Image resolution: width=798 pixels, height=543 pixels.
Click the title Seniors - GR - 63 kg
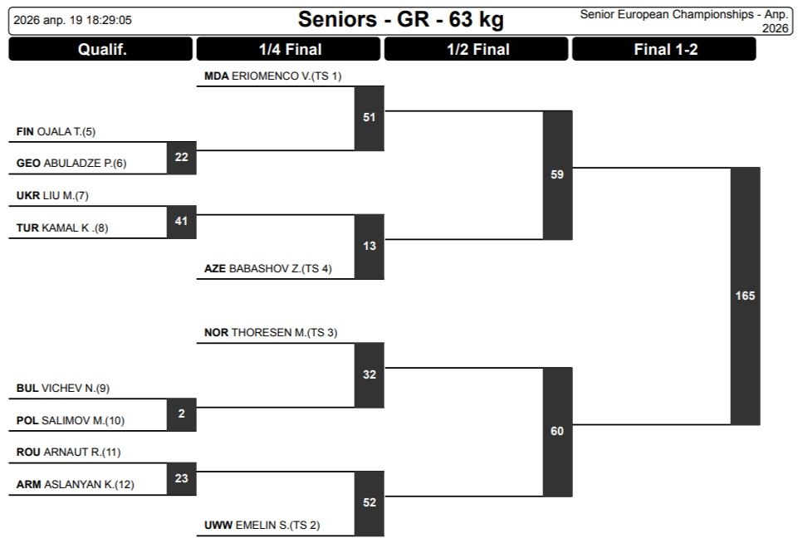pos(400,19)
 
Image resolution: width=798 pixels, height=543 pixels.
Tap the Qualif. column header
pos(100,49)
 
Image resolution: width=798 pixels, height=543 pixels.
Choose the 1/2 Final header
pos(477,49)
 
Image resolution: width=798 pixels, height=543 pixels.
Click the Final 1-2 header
pos(665,49)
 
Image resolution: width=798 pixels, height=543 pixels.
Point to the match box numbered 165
pos(745,296)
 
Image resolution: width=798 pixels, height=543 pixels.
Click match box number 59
pos(557,174)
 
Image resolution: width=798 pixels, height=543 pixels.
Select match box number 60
pos(557,431)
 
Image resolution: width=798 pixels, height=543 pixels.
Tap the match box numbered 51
pos(369,117)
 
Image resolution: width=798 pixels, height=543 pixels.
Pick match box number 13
pos(369,246)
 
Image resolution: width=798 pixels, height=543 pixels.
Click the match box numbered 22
pos(181,157)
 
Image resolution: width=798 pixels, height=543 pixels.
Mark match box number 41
pos(181,221)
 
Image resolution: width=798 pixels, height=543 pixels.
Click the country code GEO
pos(27,164)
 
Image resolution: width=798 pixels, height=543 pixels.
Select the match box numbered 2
pos(181,413)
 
